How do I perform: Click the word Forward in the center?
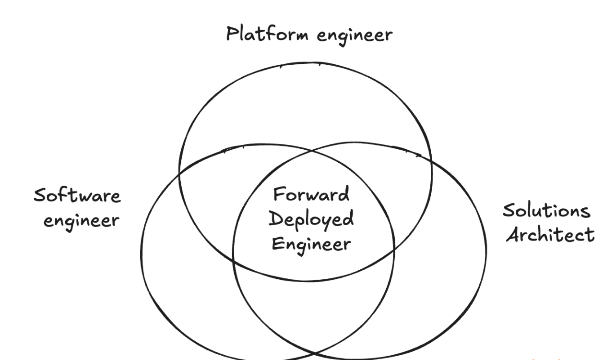311,195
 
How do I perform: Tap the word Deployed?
311,219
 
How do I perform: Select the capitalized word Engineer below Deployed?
311,244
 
